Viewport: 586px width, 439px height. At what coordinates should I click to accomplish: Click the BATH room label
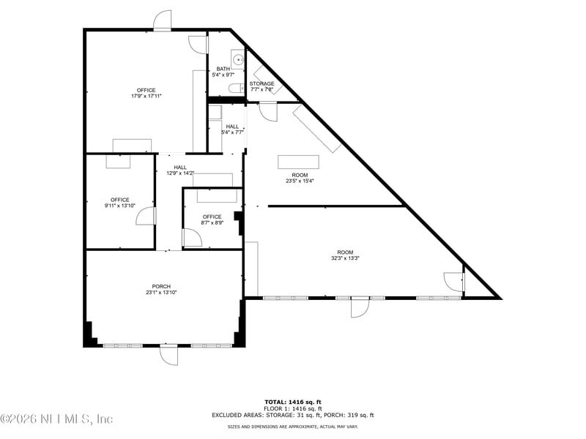(x=223, y=69)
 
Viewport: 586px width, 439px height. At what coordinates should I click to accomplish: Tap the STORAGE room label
(x=262, y=83)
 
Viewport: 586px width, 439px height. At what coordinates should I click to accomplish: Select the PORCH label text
(x=161, y=286)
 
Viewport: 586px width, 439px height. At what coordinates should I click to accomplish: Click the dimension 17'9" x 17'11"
(x=146, y=96)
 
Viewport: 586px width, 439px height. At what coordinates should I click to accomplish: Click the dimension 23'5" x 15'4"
(x=300, y=181)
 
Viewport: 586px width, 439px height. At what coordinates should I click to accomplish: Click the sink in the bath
(x=237, y=59)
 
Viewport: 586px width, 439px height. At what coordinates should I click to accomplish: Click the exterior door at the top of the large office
(x=162, y=20)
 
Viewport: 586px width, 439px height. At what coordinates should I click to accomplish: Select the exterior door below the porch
(x=168, y=356)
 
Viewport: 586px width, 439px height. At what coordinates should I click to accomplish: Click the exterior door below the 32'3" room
(x=359, y=307)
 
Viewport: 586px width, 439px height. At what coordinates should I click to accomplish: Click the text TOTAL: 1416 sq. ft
(x=293, y=402)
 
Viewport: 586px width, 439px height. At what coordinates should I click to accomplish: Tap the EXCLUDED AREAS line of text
(x=293, y=415)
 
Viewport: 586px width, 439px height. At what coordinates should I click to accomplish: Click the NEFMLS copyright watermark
(x=57, y=419)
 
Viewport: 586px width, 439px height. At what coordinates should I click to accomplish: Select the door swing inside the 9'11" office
(x=146, y=216)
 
